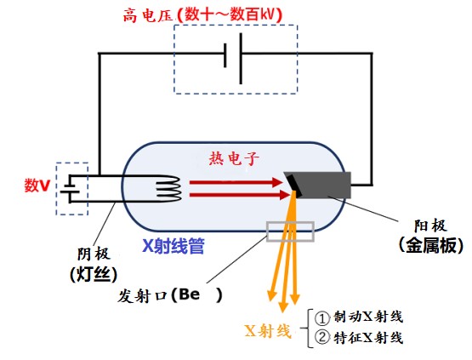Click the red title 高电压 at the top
coord(148,15)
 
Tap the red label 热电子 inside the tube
coord(234,157)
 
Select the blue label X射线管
coord(173,246)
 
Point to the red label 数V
coord(37,185)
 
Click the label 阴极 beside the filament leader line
coord(94,254)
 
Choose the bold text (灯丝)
coord(94,274)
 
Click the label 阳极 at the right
coord(430,226)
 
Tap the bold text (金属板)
coord(431,245)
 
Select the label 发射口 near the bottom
coord(142,296)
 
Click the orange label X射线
coord(268,331)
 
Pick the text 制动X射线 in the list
coord(368,317)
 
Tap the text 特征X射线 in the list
coord(368,338)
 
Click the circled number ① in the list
coord(322,318)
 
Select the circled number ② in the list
coord(322,338)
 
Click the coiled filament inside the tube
coord(168,189)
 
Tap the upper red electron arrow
coord(236,182)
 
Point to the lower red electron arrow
coord(240,195)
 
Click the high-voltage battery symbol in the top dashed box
coord(233,59)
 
